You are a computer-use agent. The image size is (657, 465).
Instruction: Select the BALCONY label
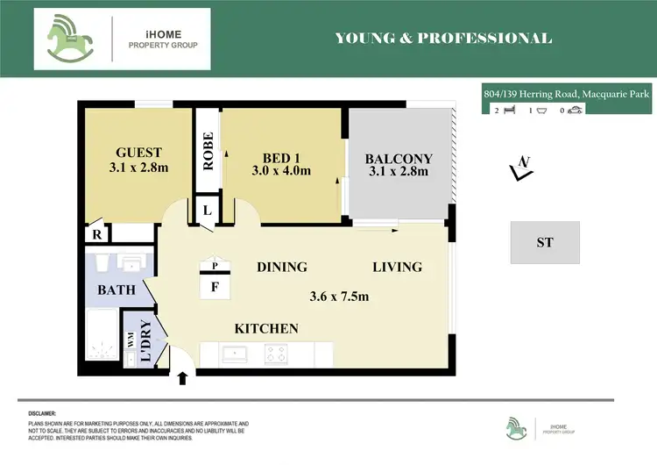coord(399,159)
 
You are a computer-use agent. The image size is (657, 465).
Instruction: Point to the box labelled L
coord(207,211)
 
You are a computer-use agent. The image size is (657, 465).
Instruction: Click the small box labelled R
coord(95,233)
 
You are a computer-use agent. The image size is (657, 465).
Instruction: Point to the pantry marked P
coord(214,264)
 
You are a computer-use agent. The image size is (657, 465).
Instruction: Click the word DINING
coord(281,267)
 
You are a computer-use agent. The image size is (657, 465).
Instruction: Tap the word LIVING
coord(397,267)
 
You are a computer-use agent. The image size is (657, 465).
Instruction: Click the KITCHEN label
coord(266,329)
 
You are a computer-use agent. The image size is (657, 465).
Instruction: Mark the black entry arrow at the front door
coord(183,378)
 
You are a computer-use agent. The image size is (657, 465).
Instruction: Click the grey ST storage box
coord(545,242)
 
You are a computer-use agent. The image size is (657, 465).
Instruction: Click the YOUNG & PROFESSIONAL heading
coord(443,38)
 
